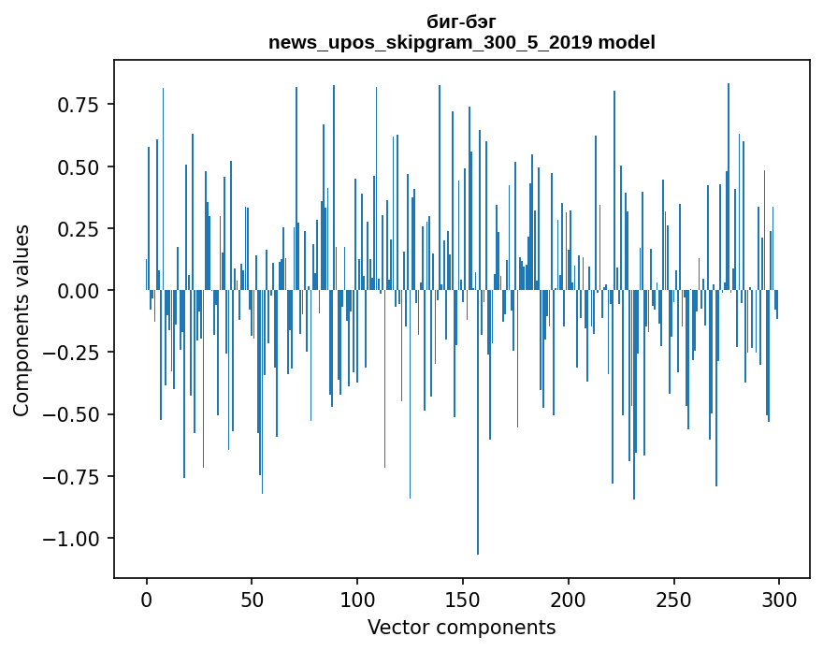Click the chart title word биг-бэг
point(461,22)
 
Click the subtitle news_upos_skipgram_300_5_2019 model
point(461,42)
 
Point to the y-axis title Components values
point(21,320)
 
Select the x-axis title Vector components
point(461,628)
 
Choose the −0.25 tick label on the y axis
point(73,353)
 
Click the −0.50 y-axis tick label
point(73,414)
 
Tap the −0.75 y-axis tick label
point(73,476)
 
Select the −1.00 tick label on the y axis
point(73,539)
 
